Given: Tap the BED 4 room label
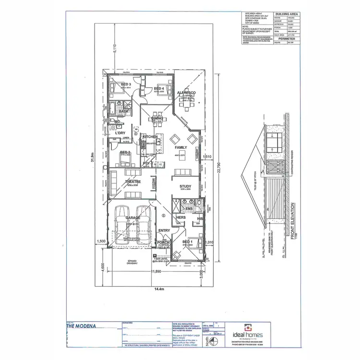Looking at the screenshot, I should pos(159,88).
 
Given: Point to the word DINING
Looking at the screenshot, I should pos(157,118).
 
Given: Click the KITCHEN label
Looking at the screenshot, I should pos(150,137).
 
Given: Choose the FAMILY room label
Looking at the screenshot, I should pos(181,147).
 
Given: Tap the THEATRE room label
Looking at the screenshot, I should pos(132,182).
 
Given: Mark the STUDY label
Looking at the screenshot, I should pos(186,186).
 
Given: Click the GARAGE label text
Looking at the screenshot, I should pos(132,217).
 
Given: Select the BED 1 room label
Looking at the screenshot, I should pos(188,241).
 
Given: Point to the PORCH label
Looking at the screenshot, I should pos(163,243).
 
